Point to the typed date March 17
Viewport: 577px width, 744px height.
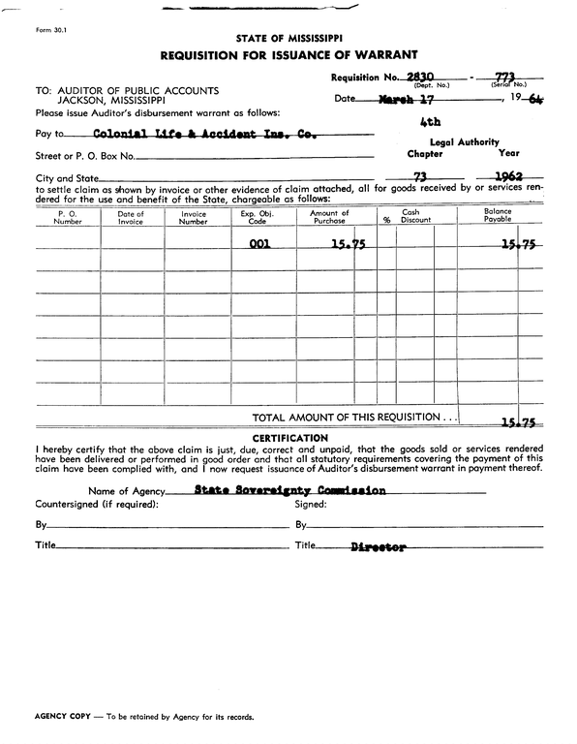coord(407,99)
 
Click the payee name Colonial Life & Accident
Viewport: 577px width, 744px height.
coord(198,134)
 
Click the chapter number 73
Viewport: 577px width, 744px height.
coord(421,177)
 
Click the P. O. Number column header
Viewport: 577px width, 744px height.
coord(68,216)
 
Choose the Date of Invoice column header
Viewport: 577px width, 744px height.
coord(131,216)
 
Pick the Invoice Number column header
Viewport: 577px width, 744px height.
coord(194,216)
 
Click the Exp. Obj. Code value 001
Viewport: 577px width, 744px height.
coord(259,245)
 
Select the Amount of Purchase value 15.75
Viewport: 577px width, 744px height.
coord(348,245)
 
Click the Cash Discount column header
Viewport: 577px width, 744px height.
coord(416,216)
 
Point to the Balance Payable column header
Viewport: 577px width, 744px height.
coord(498,216)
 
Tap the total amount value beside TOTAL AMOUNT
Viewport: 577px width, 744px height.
coord(519,422)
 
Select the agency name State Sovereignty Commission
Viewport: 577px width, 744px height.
coord(289,490)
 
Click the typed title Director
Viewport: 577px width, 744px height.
coord(378,547)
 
